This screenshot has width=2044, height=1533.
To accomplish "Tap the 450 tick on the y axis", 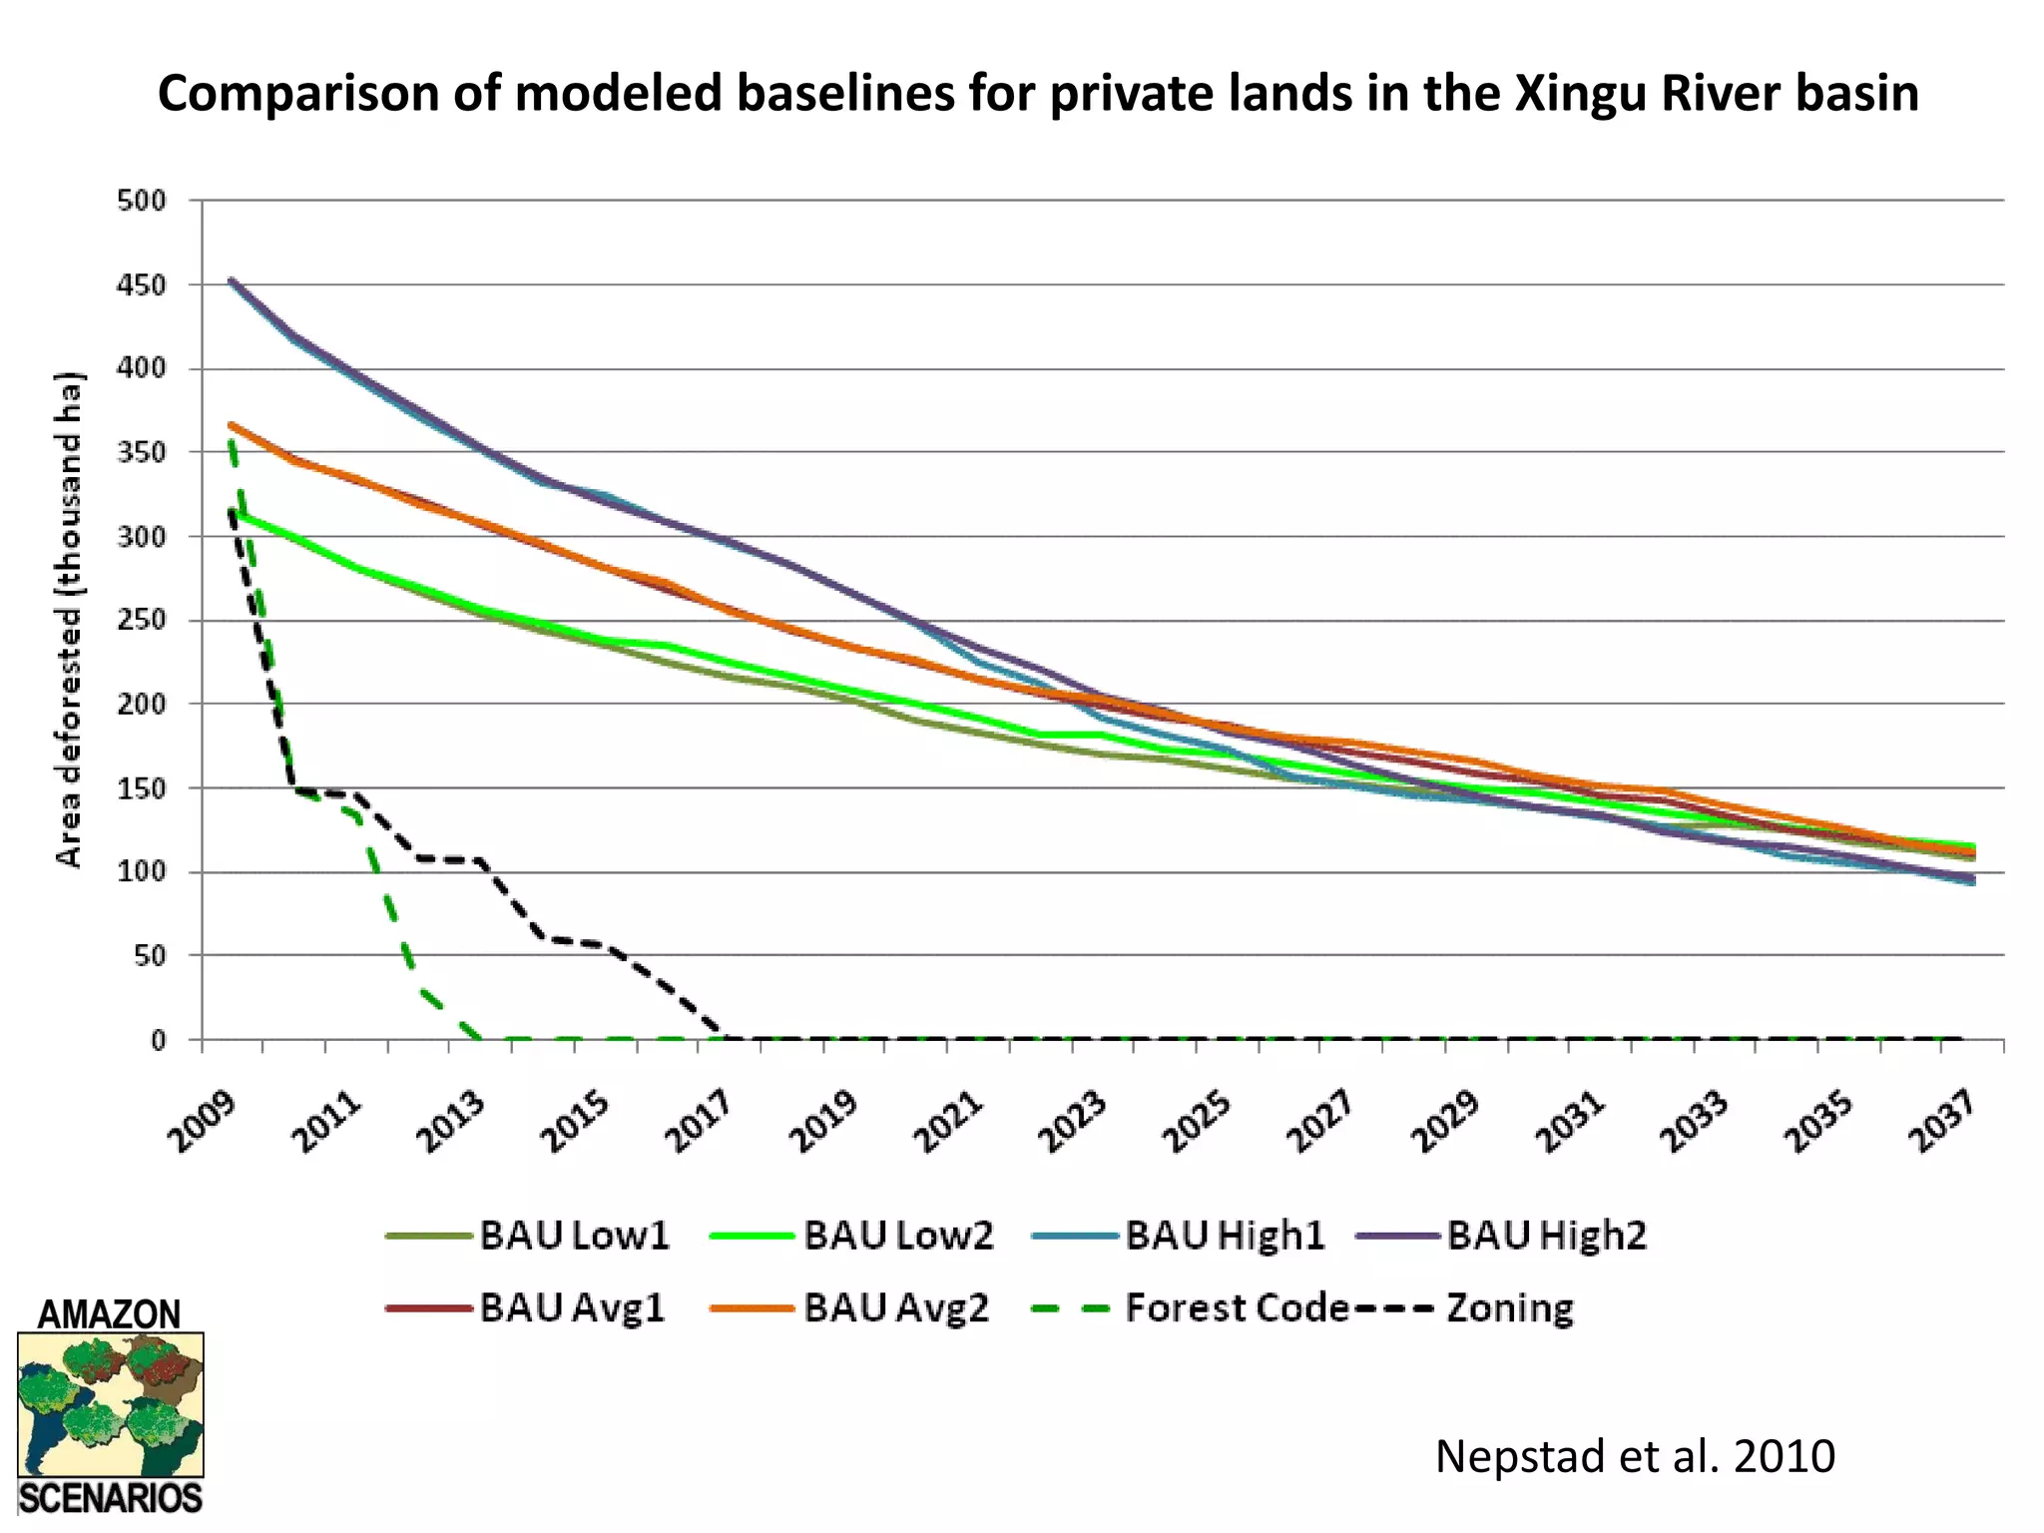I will click(141, 285).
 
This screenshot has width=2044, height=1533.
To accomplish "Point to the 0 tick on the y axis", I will click(158, 1041).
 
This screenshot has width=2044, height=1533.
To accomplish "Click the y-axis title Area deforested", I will click(68, 619).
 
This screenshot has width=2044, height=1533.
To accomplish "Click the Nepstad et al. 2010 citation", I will click(1634, 1456).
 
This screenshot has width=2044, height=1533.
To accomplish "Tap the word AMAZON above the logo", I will click(109, 1313).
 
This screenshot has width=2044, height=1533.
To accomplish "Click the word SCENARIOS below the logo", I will click(110, 1499).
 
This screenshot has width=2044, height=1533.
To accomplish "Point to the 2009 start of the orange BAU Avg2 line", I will click(232, 425).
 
